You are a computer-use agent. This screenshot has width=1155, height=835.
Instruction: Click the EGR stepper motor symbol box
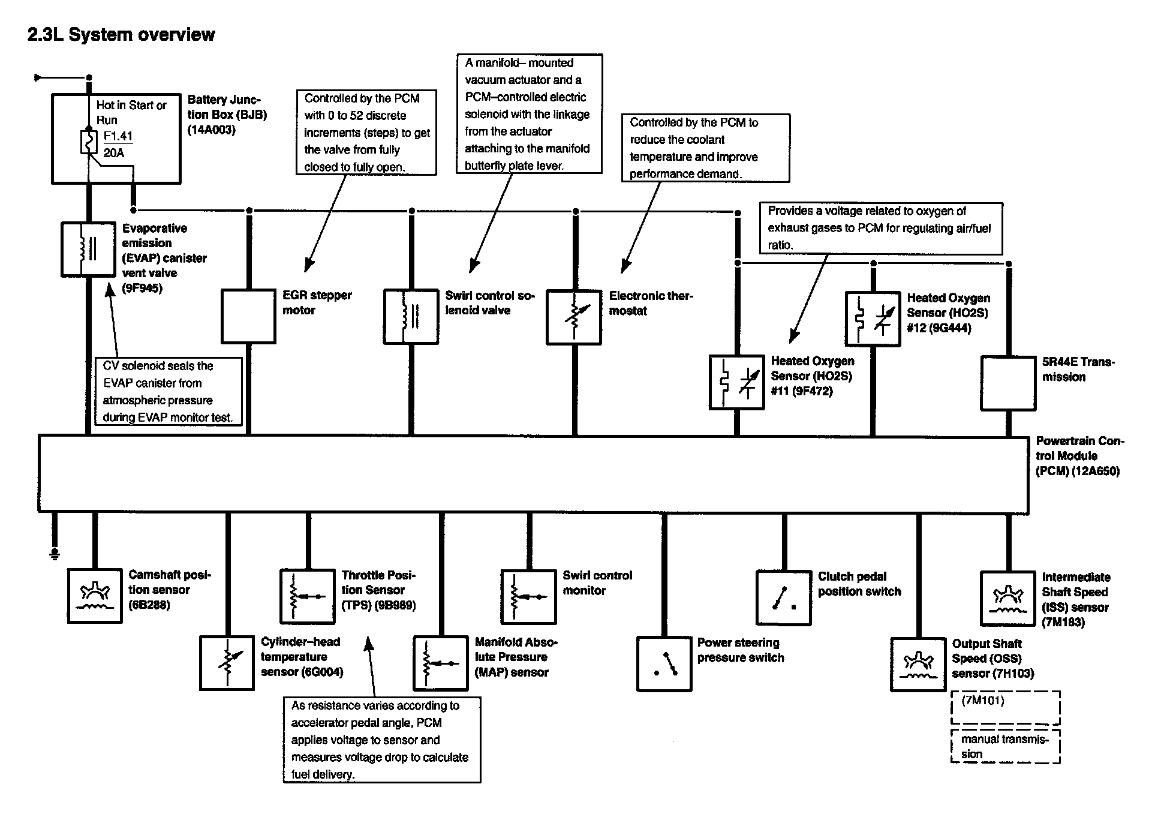(248, 317)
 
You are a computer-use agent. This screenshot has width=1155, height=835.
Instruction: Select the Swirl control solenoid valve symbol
(411, 317)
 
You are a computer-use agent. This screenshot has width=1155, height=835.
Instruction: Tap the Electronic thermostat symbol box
(574, 317)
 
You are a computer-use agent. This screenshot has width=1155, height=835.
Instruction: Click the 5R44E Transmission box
(1008, 383)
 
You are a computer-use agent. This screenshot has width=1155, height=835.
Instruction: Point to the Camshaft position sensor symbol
(95, 596)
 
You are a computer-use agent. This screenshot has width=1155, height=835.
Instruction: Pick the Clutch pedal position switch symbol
(784, 597)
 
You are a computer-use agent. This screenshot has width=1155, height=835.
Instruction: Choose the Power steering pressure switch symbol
(664, 664)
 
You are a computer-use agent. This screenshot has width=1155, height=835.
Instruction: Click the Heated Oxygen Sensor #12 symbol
(873, 319)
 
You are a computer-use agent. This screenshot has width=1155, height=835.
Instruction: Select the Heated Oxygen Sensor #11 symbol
(736, 382)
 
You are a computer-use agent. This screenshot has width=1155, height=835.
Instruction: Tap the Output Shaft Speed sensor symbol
(918, 665)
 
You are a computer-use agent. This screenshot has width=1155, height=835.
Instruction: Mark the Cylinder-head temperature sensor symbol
(227, 663)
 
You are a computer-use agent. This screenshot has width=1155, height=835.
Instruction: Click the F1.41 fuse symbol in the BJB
(89, 143)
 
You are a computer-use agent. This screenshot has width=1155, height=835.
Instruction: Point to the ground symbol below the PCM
(55, 553)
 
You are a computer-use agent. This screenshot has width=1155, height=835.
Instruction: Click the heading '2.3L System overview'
(121, 35)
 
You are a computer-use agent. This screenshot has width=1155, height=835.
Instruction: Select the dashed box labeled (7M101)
(1006, 708)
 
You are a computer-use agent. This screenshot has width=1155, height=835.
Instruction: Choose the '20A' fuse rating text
(114, 153)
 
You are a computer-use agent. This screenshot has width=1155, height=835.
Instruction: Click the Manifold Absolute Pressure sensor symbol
(440, 663)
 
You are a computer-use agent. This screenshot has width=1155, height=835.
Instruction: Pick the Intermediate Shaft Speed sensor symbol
(1008, 598)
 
